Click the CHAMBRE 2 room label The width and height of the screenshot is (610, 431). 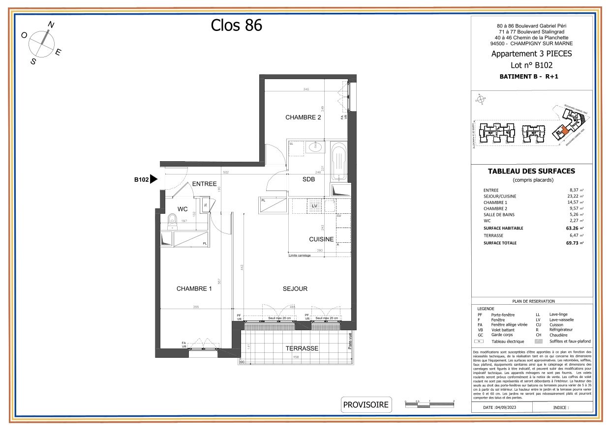[303, 117]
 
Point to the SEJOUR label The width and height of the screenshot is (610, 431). [295, 289]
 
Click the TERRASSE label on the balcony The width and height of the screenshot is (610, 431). [302, 348]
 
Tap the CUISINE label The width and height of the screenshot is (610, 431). [321, 239]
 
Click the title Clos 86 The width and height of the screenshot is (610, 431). [237, 25]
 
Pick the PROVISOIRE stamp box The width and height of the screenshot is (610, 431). [366, 405]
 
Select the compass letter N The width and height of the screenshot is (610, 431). [51, 25]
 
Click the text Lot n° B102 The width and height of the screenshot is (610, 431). [531, 65]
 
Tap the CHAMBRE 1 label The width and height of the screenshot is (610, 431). [194, 289]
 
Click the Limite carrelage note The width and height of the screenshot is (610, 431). [300, 255]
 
